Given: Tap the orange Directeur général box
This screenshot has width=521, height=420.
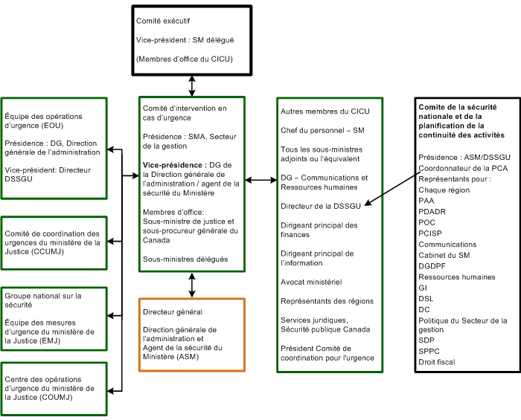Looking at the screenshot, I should pos(192,334).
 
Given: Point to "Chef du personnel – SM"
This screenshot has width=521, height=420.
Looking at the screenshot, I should pos(322,130).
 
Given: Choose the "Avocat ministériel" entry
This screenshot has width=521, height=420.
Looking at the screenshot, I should pos(310,282).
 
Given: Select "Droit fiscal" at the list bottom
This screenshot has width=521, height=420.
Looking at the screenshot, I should pos(436,362).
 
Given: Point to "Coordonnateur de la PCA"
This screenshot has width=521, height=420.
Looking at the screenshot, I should pos(463,168).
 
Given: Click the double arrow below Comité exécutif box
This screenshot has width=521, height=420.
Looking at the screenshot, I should pos(193,85).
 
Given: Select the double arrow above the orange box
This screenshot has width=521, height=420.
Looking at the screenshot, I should pos(193,284).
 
